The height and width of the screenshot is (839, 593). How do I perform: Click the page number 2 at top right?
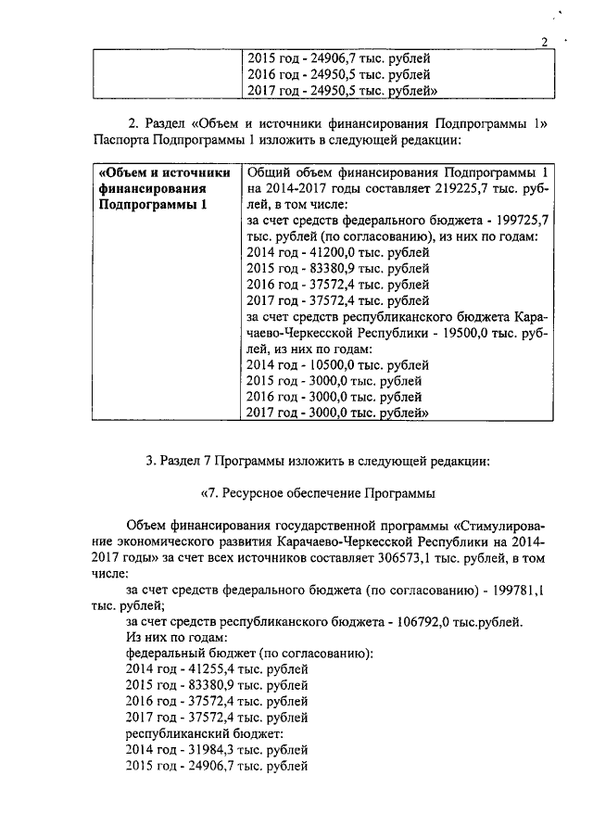coord(545,41)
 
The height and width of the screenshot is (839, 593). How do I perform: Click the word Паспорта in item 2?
coord(123,139)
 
